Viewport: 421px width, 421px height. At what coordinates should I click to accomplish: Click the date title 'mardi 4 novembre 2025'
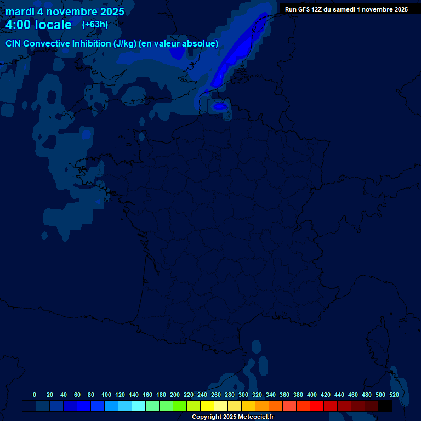65,12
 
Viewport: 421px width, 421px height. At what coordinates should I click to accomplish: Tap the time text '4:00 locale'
38,25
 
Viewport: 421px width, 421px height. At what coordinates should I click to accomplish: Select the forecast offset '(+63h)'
95,24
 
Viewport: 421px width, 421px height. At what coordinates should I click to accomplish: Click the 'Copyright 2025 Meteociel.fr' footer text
232,417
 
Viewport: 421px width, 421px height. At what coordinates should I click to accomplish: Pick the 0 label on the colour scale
35,395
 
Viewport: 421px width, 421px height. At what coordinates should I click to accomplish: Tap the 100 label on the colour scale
106,395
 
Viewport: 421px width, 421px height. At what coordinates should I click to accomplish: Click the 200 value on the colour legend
175,395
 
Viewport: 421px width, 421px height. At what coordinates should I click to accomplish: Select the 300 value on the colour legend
243,395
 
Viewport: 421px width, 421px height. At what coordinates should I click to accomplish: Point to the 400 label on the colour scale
312,395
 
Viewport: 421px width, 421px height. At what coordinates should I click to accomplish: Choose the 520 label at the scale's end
394,395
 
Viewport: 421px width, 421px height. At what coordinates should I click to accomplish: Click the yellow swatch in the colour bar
207,406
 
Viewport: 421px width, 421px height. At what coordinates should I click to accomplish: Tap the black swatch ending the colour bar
385,406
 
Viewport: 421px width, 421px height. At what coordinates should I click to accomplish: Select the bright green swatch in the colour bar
180,406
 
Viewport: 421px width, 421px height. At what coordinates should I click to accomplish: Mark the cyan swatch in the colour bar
139,406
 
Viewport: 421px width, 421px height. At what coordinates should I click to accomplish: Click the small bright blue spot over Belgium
220,106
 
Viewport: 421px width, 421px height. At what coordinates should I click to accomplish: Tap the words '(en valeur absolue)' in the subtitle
179,44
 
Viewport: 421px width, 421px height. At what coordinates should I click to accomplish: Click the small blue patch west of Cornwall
86,133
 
